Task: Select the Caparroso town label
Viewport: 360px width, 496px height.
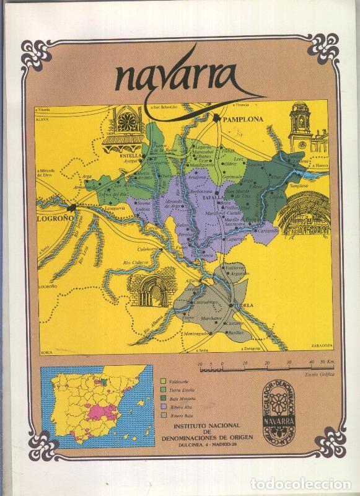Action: pos(235,239)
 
